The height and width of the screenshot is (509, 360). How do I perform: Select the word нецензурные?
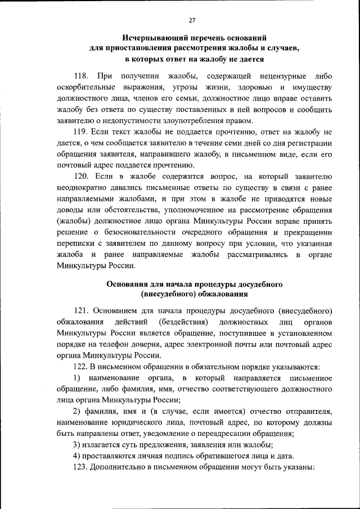pyautogui.click(x=283, y=76)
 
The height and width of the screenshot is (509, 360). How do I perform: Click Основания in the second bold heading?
pyautogui.click(x=132, y=285)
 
